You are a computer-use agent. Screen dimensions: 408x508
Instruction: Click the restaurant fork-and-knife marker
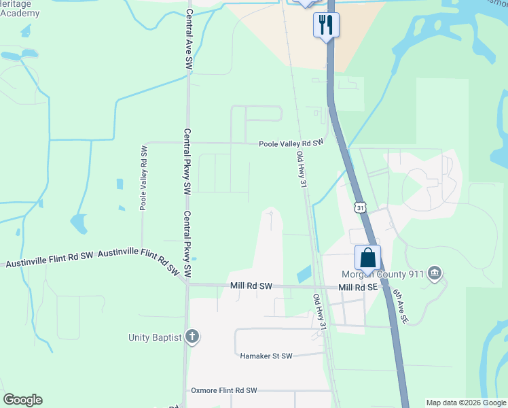point(326,25)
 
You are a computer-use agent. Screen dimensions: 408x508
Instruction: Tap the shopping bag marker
point(367,258)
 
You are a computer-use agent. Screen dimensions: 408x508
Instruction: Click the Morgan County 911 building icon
point(435,274)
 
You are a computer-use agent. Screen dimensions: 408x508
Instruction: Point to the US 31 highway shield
point(360,207)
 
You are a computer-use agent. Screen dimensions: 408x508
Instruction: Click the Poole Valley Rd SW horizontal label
point(291,143)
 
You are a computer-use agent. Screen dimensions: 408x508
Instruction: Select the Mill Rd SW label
point(251,287)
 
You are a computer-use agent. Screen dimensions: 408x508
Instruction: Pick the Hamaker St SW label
point(266,356)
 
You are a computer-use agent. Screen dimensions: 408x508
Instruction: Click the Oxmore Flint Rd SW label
point(224,390)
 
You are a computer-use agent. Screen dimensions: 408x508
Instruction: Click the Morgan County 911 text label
point(384,274)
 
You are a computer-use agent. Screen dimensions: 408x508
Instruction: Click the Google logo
point(22,400)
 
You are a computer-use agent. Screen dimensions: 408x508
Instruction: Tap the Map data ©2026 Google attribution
point(466,403)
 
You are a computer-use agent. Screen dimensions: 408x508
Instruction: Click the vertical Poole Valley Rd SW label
point(144,177)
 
